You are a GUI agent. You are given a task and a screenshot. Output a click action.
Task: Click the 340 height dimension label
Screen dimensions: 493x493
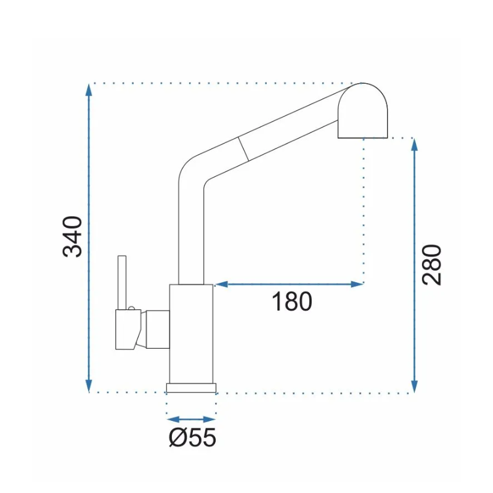tap(73, 237)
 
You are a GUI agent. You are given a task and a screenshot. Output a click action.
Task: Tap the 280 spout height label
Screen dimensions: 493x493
tap(433, 264)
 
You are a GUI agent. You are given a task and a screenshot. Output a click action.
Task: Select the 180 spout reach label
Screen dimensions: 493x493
tap(292, 302)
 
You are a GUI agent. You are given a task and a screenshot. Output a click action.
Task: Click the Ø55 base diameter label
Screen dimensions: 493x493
tap(192, 438)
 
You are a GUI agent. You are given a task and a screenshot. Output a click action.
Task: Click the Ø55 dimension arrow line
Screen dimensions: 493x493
tap(191, 419)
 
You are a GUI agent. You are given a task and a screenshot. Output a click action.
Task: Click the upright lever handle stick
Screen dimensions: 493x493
tap(122, 280)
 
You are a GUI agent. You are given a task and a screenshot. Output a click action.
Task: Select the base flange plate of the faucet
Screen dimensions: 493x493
tap(191, 386)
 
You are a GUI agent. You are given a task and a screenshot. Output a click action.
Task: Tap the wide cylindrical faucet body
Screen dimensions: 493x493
tap(191, 333)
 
